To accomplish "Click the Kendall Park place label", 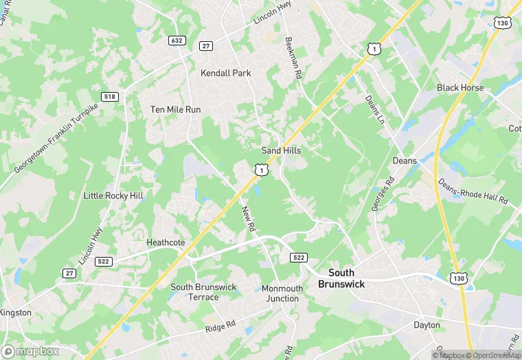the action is (225, 73).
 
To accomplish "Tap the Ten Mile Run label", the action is (175, 109).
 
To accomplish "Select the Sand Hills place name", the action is (281, 150).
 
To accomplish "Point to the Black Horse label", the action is (460, 88).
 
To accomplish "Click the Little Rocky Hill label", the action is (113, 196).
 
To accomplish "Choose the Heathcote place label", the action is (166, 243).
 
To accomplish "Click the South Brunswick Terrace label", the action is (203, 292).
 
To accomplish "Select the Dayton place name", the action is (427, 325).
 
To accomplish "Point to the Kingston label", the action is (16, 313).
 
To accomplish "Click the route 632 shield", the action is (177, 41).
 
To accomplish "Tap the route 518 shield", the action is (109, 97).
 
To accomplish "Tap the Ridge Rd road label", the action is (220, 326).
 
